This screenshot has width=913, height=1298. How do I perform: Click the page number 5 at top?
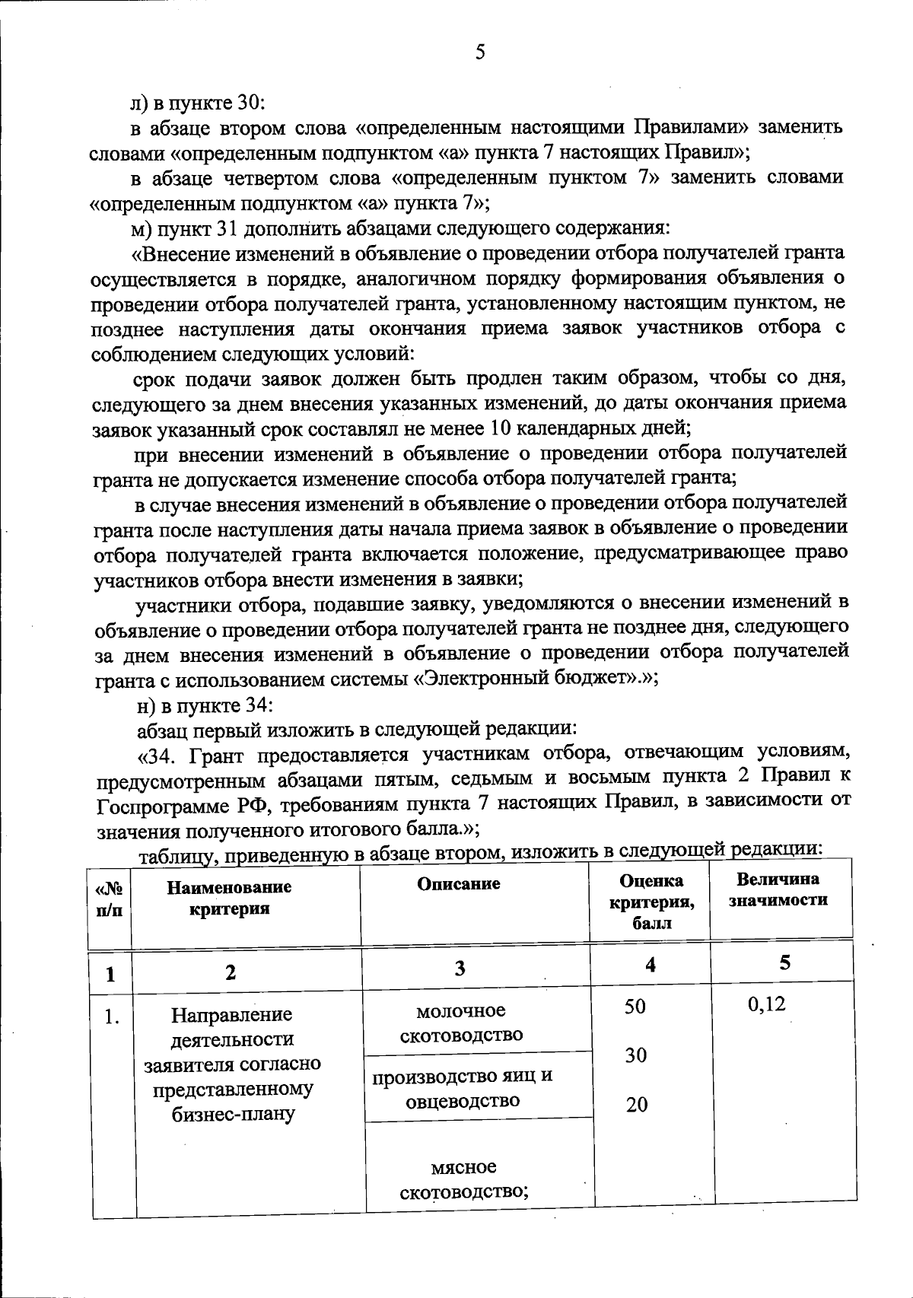[x=479, y=52]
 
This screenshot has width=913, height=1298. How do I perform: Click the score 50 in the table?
[x=635, y=1006]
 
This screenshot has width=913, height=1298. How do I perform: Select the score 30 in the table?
[x=636, y=1055]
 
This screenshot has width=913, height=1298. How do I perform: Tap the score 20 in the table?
[x=636, y=1105]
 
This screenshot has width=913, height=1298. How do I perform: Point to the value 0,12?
[x=766, y=1004]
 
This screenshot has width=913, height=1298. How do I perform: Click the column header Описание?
[x=458, y=883]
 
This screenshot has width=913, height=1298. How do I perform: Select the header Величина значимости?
[x=778, y=889]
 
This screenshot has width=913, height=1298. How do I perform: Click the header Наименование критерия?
[x=229, y=898]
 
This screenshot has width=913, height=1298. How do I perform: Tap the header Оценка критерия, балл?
[x=651, y=902]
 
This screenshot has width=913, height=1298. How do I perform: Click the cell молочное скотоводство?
[x=461, y=1023]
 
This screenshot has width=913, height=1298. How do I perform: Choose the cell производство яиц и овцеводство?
[x=461, y=1088]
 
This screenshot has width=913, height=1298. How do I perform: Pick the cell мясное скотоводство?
[x=463, y=1178]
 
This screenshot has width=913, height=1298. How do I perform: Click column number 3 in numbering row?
[x=460, y=968]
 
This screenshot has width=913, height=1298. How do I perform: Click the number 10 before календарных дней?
[x=501, y=428]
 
